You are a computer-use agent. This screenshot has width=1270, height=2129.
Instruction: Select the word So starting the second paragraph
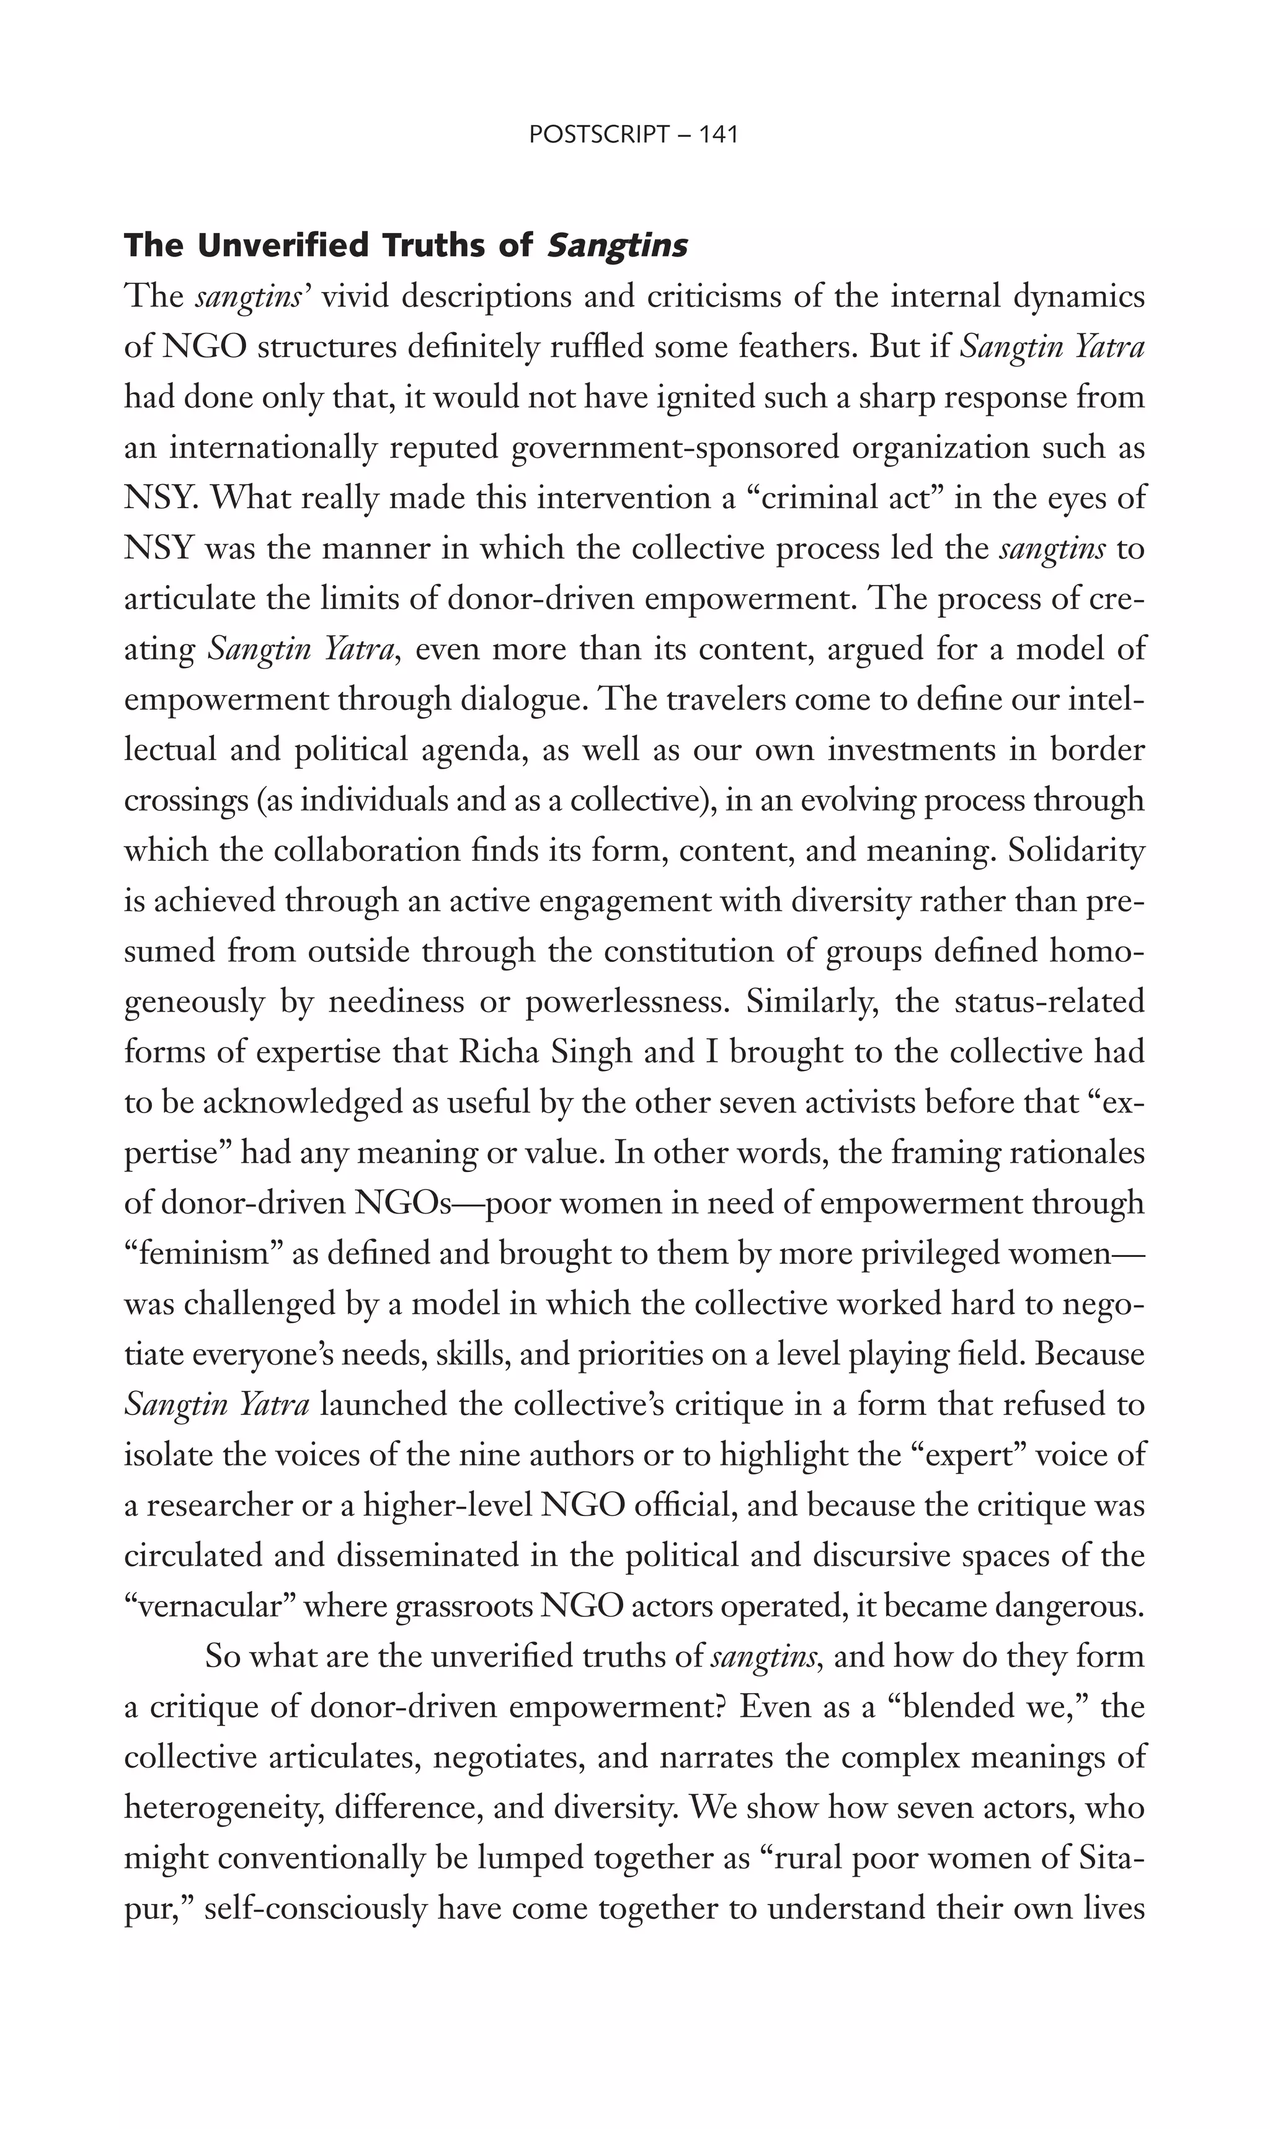[223, 1657]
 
